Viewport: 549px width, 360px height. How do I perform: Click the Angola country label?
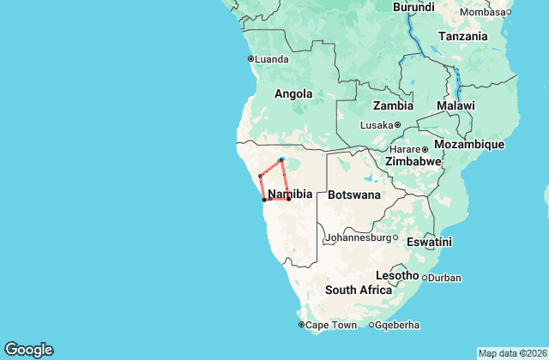(293, 94)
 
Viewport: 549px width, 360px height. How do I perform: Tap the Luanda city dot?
(250, 59)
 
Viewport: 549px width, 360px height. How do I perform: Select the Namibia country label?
(290, 195)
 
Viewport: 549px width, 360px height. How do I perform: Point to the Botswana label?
(353, 195)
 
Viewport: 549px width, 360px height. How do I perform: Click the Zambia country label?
(393, 105)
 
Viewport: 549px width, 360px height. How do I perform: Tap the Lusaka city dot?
(397, 125)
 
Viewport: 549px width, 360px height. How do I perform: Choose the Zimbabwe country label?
(413, 161)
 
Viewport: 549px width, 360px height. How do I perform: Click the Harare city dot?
(425, 150)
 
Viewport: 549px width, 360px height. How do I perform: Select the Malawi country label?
(455, 105)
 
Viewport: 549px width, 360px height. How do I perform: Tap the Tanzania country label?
(462, 37)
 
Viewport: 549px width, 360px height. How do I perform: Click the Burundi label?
(413, 7)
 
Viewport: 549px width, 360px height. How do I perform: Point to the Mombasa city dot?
(509, 12)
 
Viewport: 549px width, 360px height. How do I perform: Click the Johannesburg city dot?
(395, 237)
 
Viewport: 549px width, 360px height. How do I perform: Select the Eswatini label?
(429, 243)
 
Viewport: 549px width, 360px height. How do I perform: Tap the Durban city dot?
(425, 278)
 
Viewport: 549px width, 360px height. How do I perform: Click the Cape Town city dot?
(301, 325)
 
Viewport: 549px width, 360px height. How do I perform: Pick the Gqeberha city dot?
(371, 325)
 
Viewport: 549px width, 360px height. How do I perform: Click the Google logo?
(28, 349)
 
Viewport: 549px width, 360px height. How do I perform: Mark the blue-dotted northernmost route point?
(281, 159)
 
